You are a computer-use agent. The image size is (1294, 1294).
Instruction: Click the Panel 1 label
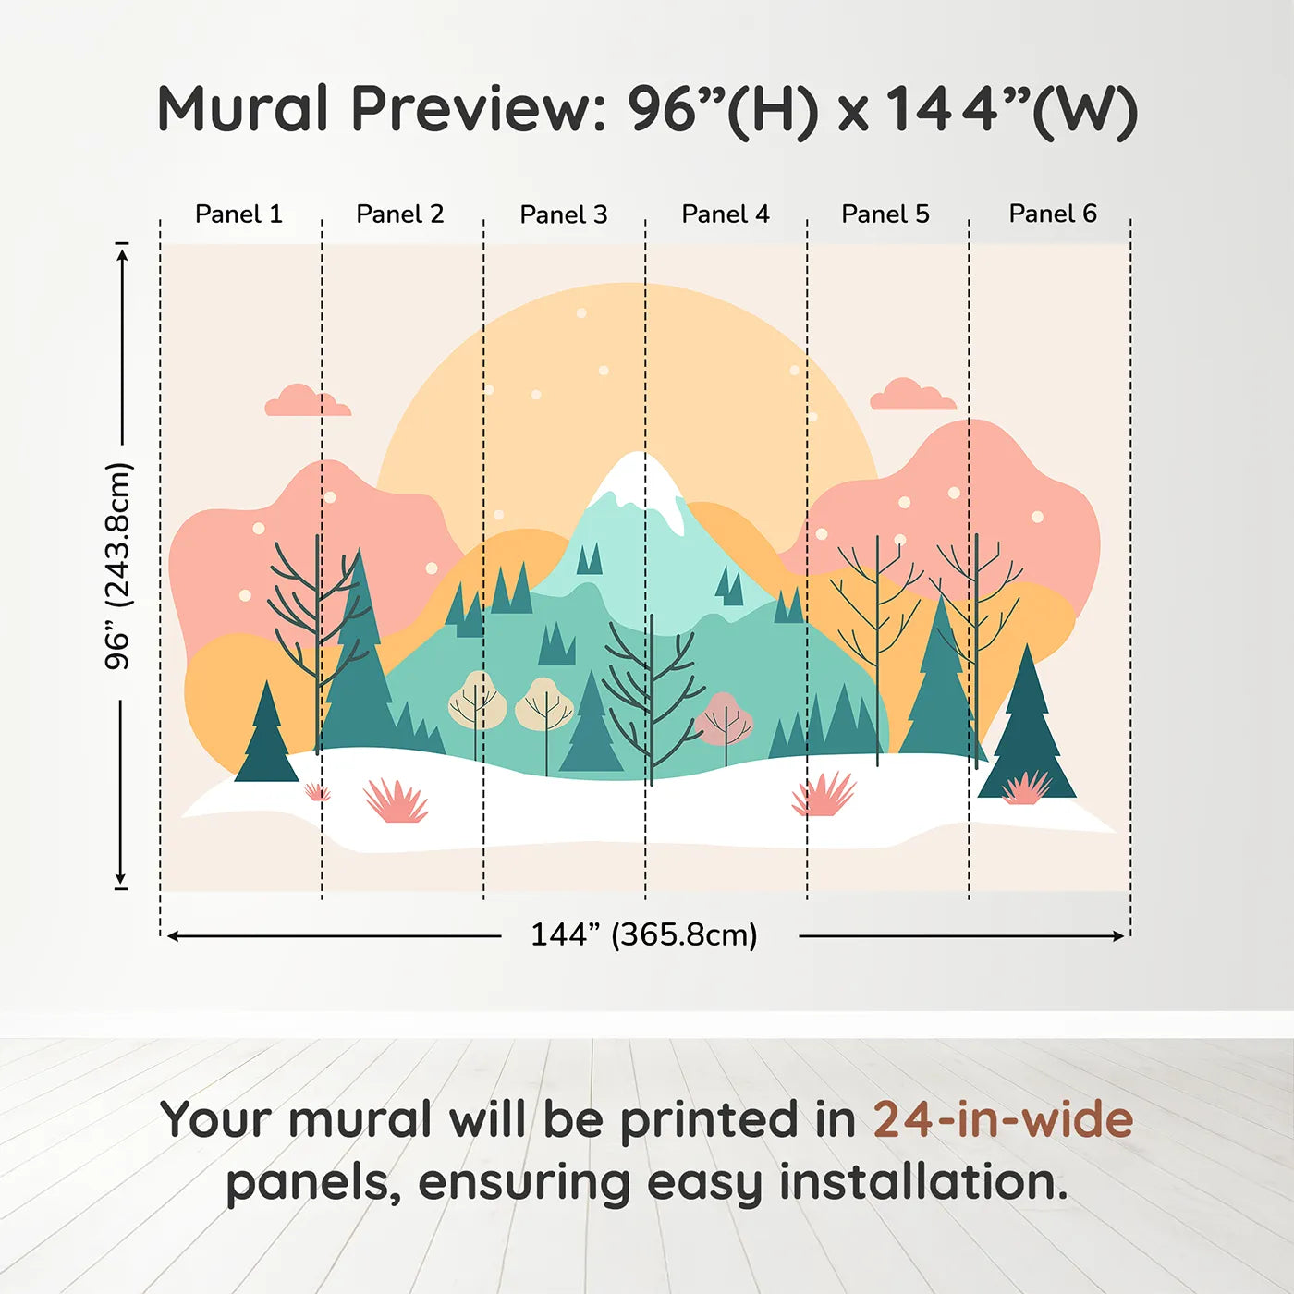238,214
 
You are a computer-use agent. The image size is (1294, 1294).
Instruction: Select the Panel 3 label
564,214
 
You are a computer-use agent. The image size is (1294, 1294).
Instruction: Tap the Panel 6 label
1052,214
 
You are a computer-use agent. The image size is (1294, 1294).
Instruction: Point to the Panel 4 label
726,214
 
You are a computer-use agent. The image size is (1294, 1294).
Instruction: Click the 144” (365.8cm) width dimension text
644,934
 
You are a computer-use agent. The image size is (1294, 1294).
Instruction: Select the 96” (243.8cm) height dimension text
119,566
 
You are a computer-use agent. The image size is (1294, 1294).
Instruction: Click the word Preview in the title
479,109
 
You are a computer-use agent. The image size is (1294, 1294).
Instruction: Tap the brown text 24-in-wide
1003,1119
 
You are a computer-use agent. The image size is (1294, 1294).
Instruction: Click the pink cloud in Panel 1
308,400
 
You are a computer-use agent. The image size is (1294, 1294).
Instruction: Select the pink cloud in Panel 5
912,394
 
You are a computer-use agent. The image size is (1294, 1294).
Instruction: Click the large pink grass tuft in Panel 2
397,801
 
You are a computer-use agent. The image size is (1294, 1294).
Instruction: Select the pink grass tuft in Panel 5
824,794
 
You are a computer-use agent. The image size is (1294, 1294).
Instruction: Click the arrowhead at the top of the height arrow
121,255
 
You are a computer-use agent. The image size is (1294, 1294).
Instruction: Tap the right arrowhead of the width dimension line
1118,936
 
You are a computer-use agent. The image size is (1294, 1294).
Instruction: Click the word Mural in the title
242,109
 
